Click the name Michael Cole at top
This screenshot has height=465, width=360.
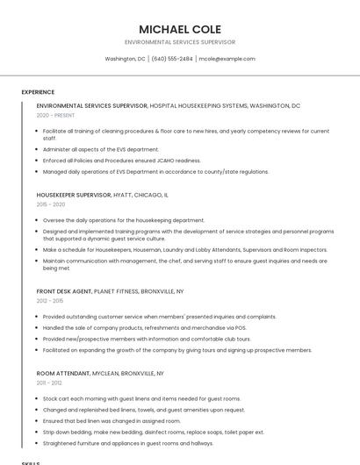pos(179,29)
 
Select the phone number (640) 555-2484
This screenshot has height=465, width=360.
pos(171,59)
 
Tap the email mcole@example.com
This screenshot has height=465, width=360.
pos(227,59)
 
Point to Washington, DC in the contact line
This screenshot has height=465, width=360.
pos(125,59)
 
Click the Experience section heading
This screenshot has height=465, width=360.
pos(38,92)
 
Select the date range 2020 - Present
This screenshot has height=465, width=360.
pos(55,115)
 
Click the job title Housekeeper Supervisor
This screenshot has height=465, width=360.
pos(74,195)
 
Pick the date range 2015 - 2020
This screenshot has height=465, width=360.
pos(50,204)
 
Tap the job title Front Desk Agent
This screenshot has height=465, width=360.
pos(64,290)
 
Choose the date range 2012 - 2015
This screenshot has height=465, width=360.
pos(50,301)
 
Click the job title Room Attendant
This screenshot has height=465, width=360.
pos(63,373)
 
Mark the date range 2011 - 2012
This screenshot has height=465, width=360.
pos(49,383)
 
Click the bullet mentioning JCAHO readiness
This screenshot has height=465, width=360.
pos(121,161)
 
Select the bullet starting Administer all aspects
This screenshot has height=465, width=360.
pos(101,149)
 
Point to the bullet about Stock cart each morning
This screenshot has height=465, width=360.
pos(140,398)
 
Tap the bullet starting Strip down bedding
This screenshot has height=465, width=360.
pos(153,432)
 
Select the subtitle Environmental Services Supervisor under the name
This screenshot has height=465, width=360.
pos(179,42)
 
